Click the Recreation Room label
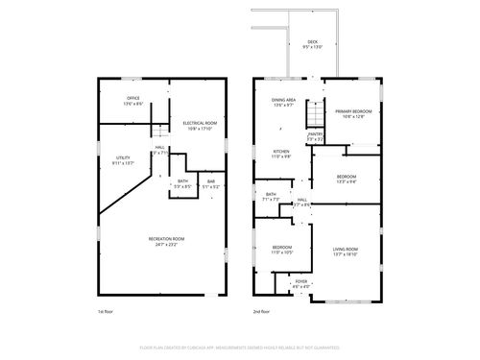point(166,240)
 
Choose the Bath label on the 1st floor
point(182,182)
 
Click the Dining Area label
point(283,102)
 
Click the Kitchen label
point(280,154)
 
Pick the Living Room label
point(345,252)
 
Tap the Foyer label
point(300,283)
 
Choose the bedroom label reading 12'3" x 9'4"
point(347,180)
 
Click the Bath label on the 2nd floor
point(271,197)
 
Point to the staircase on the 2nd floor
point(312,115)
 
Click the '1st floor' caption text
point(105,312)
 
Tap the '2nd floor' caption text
point(261,312)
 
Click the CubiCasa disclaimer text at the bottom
point(239,347)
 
